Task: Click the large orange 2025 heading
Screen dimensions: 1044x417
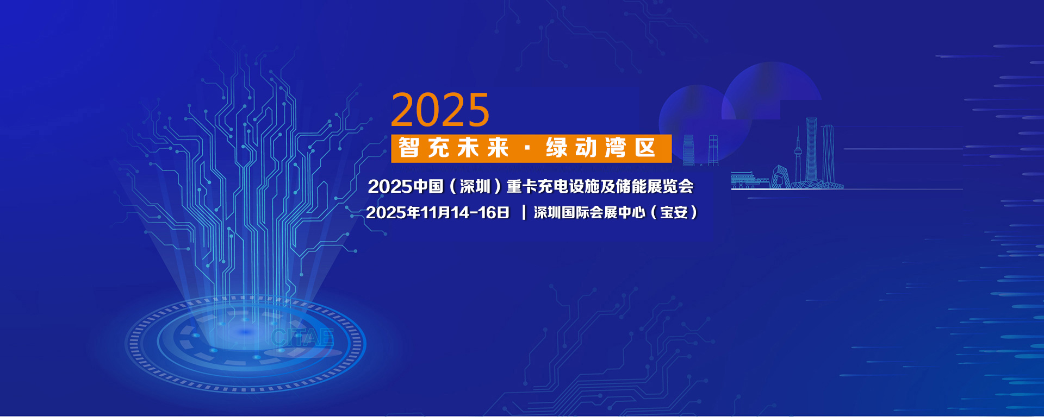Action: (x=440, y=110)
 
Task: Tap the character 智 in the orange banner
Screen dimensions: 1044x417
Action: (x=409, y=148)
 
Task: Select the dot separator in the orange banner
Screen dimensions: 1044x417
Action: (x=527, y=148)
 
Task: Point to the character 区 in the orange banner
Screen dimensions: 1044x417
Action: (x=645, y=148)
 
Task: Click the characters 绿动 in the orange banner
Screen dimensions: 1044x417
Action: (x=571, y=148)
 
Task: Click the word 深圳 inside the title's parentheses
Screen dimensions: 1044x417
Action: (x=475, y=186)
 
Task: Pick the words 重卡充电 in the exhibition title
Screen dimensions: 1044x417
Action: (x=537, y=186)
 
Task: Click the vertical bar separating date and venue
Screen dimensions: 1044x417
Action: (x=524, y=212)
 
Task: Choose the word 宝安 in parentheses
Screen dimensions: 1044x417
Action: (x=674, y=212)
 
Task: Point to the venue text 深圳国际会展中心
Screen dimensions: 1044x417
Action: (x=589, y=212)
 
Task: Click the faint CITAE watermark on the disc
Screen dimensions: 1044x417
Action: (x=302, y=337)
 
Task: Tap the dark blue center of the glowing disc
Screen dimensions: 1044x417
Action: (x=246, y=332)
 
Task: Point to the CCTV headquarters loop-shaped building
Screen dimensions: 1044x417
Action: (x=780, y=177)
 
